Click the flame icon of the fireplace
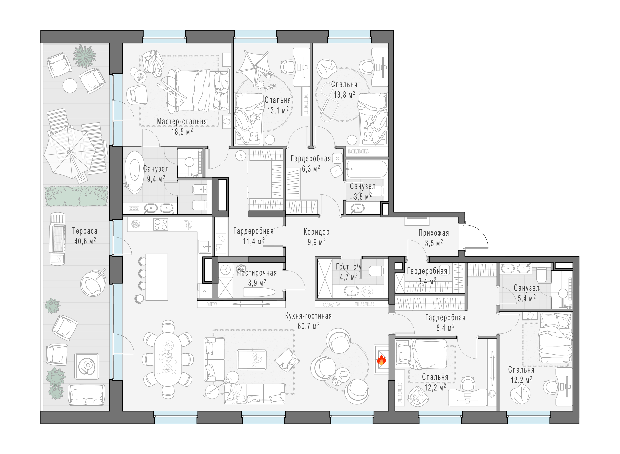coord(381,359)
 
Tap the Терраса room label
coord(85,231)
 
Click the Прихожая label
coord(434,233)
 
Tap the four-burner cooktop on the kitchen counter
coord(161,224)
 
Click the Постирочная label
coord(257,273)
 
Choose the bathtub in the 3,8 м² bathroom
coord(367,169)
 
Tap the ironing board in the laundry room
coord(259,292)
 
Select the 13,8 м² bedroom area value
coord(344,95)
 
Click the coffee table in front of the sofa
coord(252,359)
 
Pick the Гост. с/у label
coord(349,267)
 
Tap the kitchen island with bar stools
coord(157,277)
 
